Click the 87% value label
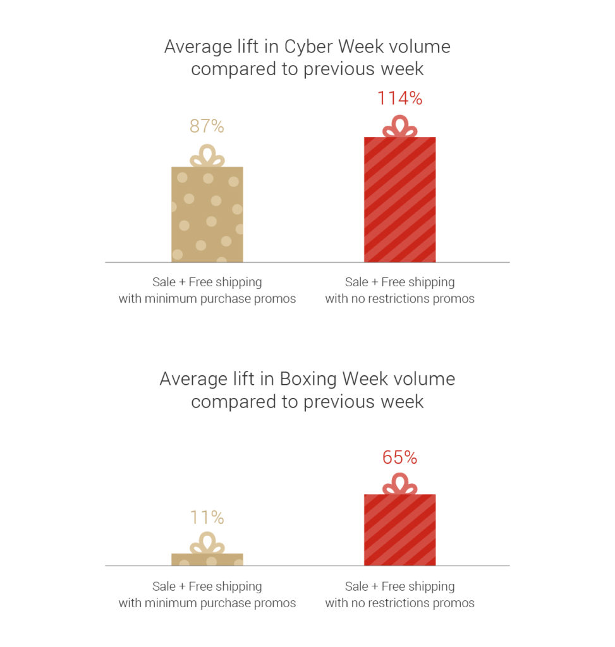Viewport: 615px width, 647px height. (207, 126)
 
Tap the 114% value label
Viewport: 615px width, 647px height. (399, 99)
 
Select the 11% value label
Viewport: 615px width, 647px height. (207, 517)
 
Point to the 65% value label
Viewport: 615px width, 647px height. (399, 457)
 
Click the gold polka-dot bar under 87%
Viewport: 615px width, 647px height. (207, 214)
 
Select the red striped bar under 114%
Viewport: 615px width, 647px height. (399, 200)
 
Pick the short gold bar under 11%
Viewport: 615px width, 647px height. (207, 559)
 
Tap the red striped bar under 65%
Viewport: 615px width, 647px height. (399, 529)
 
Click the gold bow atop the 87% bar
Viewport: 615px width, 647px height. (207, 156)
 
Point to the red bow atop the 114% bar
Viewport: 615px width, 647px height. (399, 127)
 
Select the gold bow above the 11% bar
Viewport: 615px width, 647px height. (207, 543)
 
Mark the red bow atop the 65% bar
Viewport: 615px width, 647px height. (399, 484)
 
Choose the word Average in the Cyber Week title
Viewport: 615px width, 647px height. (197, 47)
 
